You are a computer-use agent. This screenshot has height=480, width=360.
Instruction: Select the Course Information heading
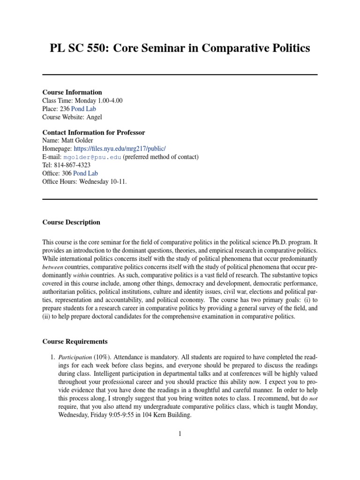point(72,92)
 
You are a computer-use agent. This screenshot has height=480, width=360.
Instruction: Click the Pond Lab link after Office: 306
point(85,173)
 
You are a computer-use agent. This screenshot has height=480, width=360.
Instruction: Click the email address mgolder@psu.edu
point(92,157)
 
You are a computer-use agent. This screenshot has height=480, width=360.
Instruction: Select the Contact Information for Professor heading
point(93,133)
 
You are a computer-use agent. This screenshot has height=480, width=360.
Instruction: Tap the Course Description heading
point(71,222)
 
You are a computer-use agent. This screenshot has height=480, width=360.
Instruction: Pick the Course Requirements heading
point(75,342)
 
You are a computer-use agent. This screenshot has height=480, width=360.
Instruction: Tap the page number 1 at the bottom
point(180,434)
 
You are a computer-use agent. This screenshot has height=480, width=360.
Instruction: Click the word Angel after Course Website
point(95,117)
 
